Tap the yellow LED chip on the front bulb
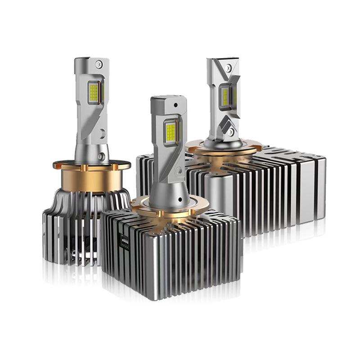[171, 131]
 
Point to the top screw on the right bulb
[228, 67]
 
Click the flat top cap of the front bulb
[168, 99]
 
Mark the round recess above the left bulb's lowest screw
[103, 134]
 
